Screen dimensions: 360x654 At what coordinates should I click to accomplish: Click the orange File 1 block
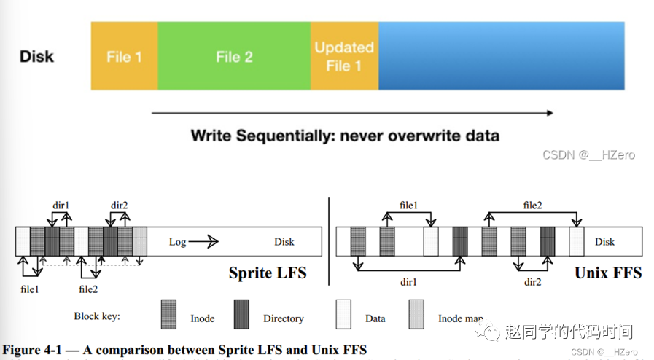click(124, 56)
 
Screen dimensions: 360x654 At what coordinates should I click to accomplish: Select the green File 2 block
click(233, 56)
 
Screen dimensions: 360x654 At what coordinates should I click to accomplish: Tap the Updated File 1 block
click(344, 56)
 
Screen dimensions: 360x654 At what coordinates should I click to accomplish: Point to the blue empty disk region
click(501, 56)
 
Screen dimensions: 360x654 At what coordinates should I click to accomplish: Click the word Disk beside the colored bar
click(36, 56)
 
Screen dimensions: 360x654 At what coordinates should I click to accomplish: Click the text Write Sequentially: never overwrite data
click(345, 136)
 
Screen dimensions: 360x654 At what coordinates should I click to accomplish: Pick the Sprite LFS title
click(268, 273)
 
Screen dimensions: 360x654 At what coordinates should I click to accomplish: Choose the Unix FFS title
click(607, 273)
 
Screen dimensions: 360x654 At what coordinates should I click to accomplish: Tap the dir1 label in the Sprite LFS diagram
click(60, 205)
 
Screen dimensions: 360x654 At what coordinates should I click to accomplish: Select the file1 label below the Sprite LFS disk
click(30, 289)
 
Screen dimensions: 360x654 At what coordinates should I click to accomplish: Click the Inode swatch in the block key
click(168, 314)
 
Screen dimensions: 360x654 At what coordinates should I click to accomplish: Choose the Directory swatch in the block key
click(242, 314)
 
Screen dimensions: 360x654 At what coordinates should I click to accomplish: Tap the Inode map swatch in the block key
click(416, 314)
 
